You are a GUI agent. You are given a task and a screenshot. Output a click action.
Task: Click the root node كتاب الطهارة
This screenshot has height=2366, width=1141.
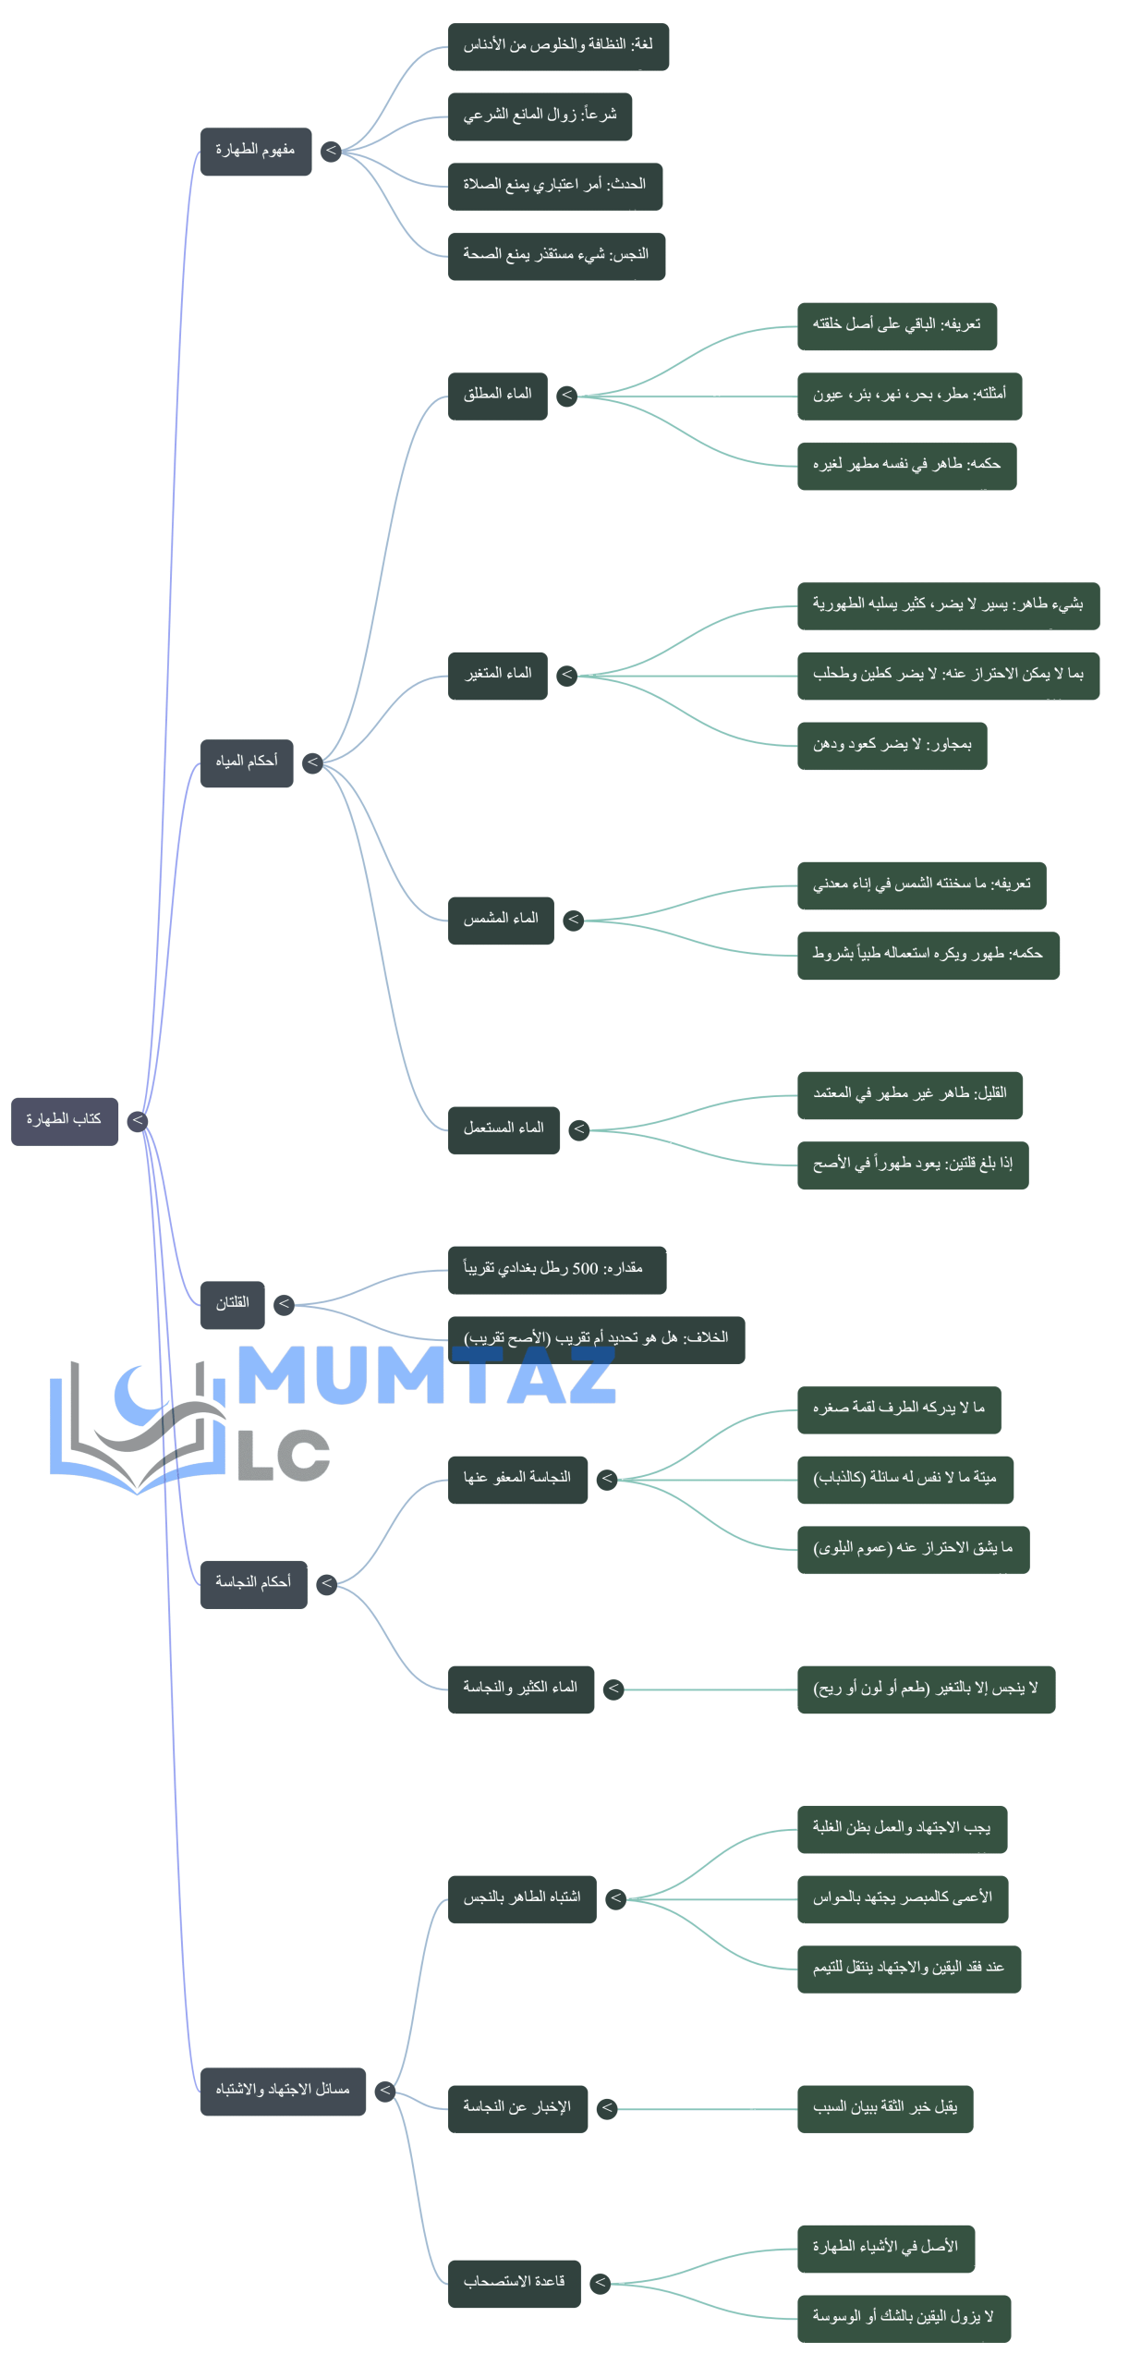[65, 1121]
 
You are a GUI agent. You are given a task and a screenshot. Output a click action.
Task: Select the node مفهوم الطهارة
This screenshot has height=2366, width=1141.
[256, 152]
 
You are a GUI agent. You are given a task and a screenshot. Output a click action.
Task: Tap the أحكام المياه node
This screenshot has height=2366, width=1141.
[247, 762]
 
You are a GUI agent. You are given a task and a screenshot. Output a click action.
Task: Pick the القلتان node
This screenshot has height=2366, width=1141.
[233, 1305]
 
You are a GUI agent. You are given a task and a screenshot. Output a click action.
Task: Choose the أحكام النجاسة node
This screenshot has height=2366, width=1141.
[254, 1584]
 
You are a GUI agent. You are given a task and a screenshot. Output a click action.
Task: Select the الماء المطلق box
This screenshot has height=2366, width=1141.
[498, 396]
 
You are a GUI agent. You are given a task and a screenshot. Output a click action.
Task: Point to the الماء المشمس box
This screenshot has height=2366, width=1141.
[501, 920]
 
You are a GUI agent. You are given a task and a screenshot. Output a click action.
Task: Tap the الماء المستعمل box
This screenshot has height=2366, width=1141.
[504, 1129]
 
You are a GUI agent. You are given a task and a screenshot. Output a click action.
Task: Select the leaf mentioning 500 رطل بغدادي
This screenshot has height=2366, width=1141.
[556, 1270]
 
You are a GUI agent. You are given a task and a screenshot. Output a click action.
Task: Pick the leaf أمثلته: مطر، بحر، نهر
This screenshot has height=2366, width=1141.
[909, 396]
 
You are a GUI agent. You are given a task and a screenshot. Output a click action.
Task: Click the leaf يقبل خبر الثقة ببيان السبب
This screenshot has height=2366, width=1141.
[885, 2108]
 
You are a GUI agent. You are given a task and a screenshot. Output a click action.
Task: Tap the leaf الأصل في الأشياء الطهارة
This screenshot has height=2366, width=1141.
[885, 2248]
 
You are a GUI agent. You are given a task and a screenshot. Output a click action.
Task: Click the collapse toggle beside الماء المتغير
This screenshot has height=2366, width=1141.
[567, 675]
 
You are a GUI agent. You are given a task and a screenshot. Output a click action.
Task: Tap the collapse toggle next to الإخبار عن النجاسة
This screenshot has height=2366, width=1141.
[607, 2108]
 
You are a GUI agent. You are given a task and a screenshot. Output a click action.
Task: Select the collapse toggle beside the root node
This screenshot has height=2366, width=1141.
[138, 1121]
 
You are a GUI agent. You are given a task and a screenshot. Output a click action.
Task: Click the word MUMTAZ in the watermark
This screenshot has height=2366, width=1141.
[427, 1376]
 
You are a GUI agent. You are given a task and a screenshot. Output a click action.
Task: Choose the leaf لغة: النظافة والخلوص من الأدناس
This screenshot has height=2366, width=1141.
[558, 46]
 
